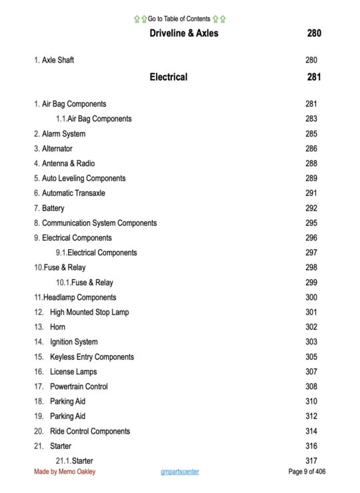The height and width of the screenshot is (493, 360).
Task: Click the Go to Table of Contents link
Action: (x=179, y=19)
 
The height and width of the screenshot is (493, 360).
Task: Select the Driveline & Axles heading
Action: (x=183, y=33)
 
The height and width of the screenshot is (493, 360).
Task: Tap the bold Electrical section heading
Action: (x=168, y=77)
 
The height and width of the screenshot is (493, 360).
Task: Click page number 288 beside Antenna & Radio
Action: (x=311, y=163)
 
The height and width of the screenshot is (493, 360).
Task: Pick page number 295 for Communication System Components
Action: (x=311, y=223)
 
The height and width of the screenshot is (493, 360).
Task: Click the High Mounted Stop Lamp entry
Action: (x=89, y=312)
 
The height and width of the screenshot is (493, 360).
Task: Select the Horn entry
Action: (x=57, y=327)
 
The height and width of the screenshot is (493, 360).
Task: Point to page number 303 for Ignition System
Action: (x=311, y=342)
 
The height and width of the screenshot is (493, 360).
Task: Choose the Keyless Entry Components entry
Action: (x=91, y=356)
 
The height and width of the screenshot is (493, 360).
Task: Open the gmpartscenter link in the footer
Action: (x=179, y=472)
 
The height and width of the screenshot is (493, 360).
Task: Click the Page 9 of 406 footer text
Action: (x=307, y=472)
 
